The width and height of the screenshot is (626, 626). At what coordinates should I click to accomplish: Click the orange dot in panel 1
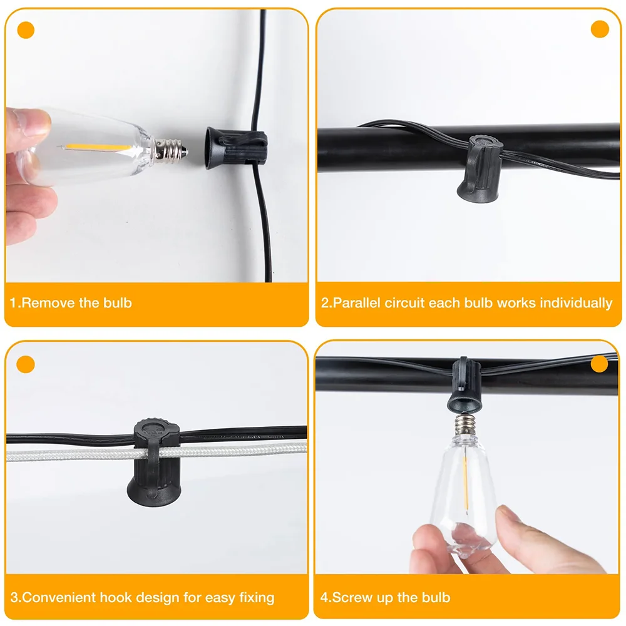point(26,29)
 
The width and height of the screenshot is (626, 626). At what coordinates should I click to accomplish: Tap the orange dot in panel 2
point(600,29)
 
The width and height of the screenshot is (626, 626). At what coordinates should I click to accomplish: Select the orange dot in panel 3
point(26,364)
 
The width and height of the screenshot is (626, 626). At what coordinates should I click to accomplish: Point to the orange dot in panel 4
point(599,364)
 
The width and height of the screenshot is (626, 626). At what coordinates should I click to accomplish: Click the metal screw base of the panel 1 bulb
point(167,148)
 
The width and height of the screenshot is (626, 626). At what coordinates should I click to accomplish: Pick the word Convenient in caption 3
point(56,597)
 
